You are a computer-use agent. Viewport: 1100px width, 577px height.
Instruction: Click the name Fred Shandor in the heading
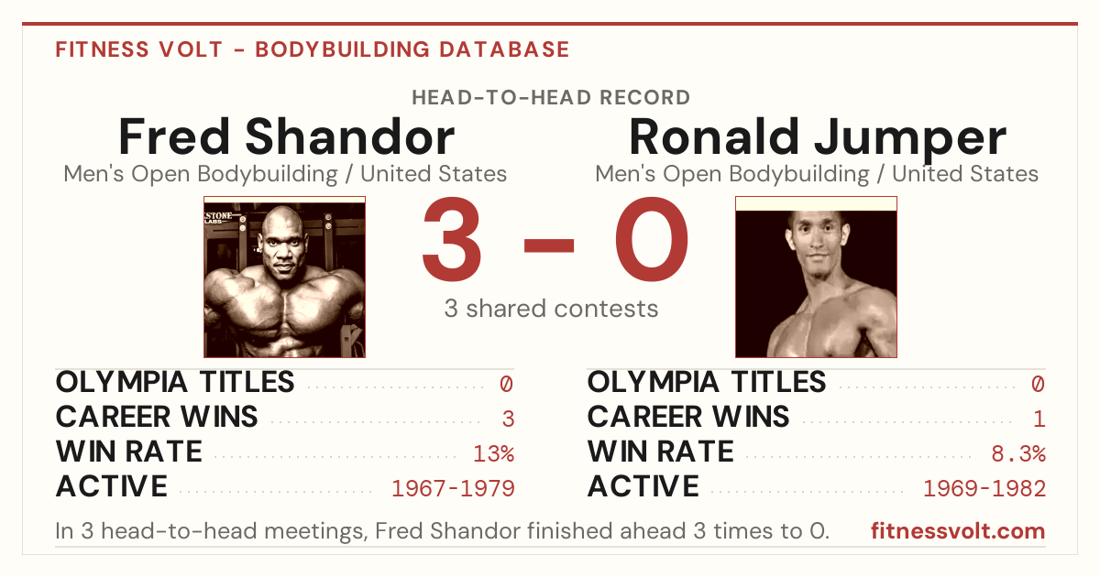point(286,136)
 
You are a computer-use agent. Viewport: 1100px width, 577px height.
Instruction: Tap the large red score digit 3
point(452,238)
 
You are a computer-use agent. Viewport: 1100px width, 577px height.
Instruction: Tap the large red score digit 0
point(652,238)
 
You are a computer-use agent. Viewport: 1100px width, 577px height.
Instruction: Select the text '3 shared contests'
point(551,309)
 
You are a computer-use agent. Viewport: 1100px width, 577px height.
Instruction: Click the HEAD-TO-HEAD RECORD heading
point(551,98)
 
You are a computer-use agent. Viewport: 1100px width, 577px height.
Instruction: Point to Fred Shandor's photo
point(285,278)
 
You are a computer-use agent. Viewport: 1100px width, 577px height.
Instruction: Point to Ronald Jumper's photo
point(816,278)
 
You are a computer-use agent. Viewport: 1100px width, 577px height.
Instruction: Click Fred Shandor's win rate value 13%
point(493,453)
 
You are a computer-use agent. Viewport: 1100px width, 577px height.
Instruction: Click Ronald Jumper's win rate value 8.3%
point(1018,453)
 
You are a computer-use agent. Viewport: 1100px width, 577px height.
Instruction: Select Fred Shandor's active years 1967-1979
point(453,488)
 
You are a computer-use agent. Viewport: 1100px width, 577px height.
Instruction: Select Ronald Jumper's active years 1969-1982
point(984,488)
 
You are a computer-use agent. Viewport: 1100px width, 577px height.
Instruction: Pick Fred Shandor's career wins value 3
point(508,419)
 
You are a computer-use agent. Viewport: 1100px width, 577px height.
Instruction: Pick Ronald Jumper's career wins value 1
point(1039,419)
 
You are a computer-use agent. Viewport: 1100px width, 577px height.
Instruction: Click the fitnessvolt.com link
point(958,531)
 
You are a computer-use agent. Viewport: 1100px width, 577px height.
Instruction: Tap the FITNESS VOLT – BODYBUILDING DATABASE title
point(313,49)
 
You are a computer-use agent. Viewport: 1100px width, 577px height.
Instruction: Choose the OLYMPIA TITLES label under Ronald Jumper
point(707,382)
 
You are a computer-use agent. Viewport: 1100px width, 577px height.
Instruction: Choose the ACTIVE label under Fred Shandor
point(112,486)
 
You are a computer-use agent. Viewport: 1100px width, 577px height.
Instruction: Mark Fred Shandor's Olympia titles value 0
point(507,384)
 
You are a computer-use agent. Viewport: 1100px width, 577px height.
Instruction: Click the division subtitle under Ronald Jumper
point(817,174)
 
